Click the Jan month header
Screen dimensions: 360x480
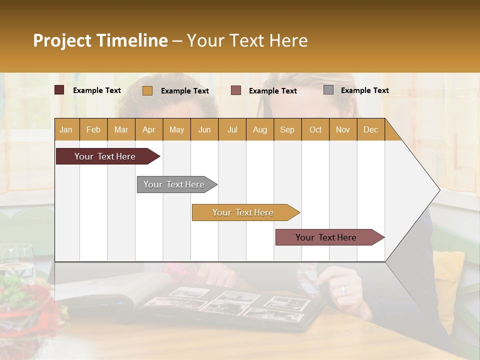(x=66, y=129)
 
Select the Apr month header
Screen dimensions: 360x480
(x=148, y=129)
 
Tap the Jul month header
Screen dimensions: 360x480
(x=232, y=129)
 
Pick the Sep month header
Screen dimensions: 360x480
(x=287, y=129)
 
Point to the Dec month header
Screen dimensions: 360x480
(x=370, y=129)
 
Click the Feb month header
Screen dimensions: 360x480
(x=93, y=129)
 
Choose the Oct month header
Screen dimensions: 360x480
(x=315, y=129)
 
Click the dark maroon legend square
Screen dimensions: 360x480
(x=59, y=90)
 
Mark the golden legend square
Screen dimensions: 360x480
(x=147, y=90)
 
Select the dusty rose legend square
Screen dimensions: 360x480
(x=236, y=90)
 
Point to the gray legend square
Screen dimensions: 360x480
(x=328, y=90)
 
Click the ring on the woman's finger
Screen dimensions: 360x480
(x=342, y=289)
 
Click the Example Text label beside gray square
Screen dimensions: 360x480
(x=364, y=90)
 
